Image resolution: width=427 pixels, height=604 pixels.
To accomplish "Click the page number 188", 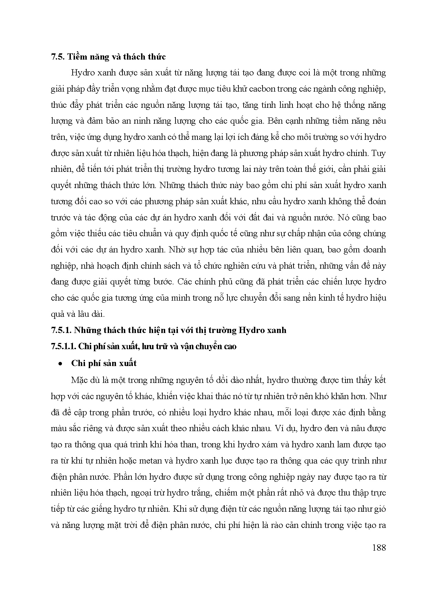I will [379, 547].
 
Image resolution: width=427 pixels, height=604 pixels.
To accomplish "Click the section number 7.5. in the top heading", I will [57, 57].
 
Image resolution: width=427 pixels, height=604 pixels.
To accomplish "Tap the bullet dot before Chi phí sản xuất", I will [60, 364].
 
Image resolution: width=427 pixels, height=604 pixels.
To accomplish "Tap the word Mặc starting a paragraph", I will [79, 380].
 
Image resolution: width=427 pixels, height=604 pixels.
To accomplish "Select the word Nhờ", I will [177, 249].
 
